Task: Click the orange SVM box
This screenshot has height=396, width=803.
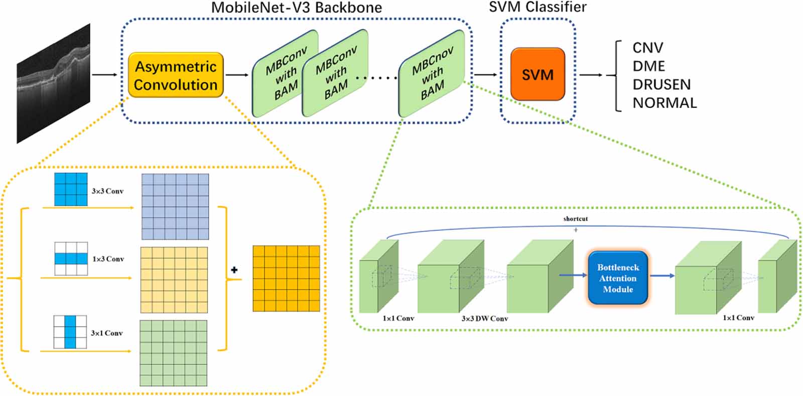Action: click(538, 74)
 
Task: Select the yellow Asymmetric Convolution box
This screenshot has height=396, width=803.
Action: click(176, 75)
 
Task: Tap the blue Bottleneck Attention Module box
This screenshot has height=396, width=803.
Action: click(618, 278)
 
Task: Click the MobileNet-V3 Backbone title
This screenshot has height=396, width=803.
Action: click(296, 8)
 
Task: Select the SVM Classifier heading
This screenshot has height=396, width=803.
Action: click(538, 7)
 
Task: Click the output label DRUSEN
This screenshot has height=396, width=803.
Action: click(661, 84)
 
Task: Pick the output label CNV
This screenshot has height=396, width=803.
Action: click(647, 48)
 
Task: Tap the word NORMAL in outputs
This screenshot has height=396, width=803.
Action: click(664, 103)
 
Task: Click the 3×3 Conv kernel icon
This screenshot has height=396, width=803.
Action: click(71, 189)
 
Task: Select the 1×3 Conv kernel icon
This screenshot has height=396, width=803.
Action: click(71, 258)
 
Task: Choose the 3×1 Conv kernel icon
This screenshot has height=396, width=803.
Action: click(70, 332)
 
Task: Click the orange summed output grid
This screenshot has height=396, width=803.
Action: click(286, 279)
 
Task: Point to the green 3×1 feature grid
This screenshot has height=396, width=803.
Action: click(173, 353)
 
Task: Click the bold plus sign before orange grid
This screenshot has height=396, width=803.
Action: click(234, 270)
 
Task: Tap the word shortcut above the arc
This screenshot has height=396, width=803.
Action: click(575, 219)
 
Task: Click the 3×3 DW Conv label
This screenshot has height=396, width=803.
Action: click(484, 319)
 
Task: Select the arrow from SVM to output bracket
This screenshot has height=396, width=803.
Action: click(591, 75)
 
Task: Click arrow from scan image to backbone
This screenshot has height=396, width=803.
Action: click(104, 75)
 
